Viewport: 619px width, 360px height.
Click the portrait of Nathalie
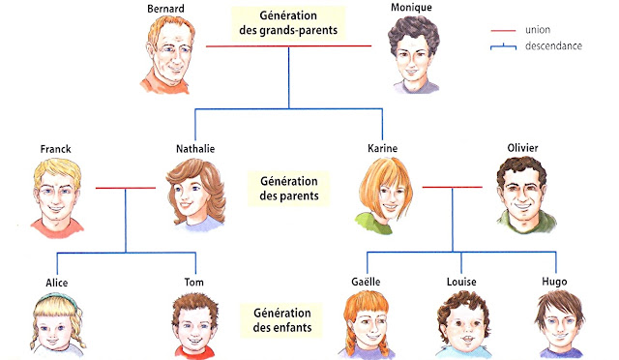pos(195,194)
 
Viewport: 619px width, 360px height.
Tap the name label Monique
pos(411,8)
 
